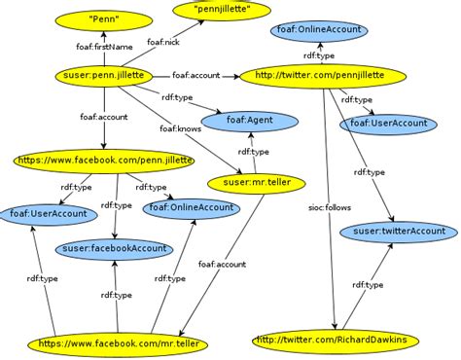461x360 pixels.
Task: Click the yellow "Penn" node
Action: pyautogui.click(x=96, y=18)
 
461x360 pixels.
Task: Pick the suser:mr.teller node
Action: pyautogui.click(x=250, y=182)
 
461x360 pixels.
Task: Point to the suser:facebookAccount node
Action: pyautogui.click(x=114, y=249)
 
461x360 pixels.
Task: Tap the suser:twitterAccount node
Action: pyautogui.click(x=398, y=231)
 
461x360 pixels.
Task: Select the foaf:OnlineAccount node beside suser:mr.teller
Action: pyautogui.click(x=190, y=207)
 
